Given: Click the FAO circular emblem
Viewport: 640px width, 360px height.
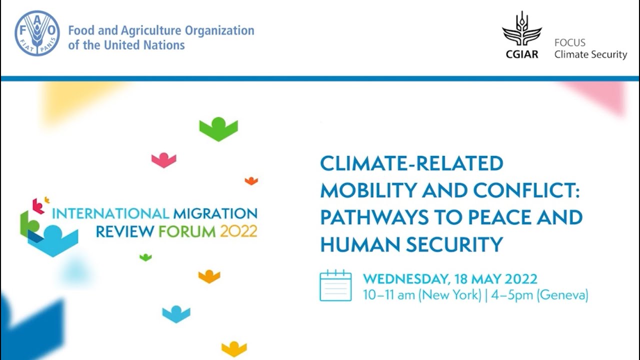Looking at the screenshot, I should pos(37,33).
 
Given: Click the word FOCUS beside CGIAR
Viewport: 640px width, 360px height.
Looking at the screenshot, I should pos(569,42).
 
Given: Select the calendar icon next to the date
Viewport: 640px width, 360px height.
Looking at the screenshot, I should pos(335,285).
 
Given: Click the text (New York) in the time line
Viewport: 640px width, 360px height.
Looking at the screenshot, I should pos(449,295).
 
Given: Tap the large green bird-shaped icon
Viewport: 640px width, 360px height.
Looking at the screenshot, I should pos(218,128).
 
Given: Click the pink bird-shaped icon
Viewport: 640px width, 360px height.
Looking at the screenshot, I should pos(164,160).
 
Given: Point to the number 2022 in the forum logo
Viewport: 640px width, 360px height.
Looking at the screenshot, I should pos(238,231).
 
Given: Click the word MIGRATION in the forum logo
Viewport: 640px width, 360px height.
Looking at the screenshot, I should pos(215,214).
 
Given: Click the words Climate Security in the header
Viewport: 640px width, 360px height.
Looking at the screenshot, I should pos(590,54).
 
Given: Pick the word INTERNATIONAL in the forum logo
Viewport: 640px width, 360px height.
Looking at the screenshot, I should pos(110,214).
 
